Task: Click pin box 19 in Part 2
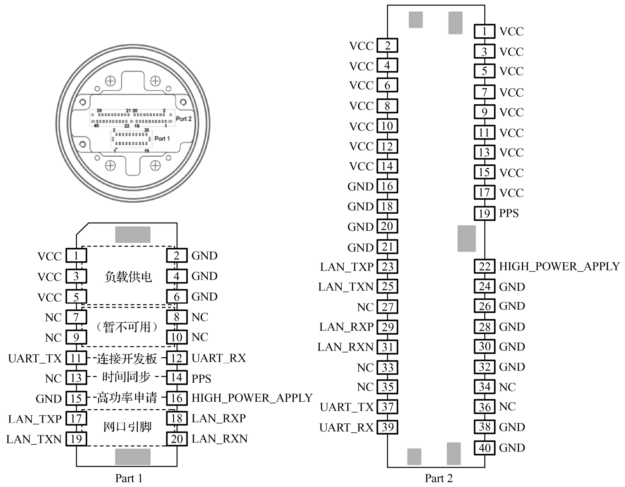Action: click(484, 213)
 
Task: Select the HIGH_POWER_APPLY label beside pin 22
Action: click(559, 266)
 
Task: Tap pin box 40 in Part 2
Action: click(484, 448)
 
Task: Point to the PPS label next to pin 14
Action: click(201, 378)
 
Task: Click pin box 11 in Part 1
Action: click(76, 358)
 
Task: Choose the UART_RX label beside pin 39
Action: click(346, 427)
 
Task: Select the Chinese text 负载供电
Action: click(128, 277)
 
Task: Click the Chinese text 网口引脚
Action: click(128, 427)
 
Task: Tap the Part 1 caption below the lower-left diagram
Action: click(129, 478)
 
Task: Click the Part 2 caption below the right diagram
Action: click(439, 478)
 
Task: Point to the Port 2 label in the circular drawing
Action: click(184, 119)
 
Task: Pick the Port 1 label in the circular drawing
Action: click(162, 138)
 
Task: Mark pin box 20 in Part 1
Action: click(177, 439)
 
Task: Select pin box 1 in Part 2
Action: click(484, 31)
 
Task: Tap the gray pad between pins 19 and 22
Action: click(467, 238)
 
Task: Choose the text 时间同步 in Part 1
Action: click(126, 377)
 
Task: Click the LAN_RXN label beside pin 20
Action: click(219, 439)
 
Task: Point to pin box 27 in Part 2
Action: click(387, 307)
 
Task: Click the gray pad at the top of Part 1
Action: click(133, 235)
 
